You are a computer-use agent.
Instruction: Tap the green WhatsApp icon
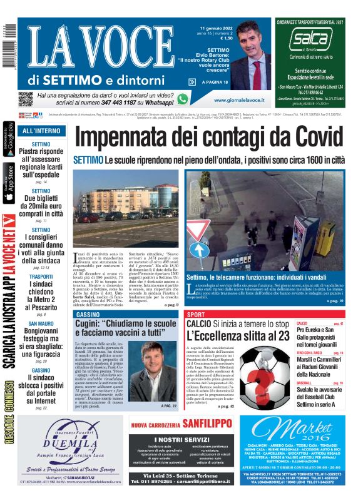tap(182, 99)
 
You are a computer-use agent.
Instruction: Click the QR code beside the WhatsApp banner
tap(26, 99)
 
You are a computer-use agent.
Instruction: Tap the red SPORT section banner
tap(196, 314)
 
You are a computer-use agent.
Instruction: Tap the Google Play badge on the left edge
tap(8, 140)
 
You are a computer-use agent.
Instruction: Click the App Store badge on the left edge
tap(8, 183)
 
